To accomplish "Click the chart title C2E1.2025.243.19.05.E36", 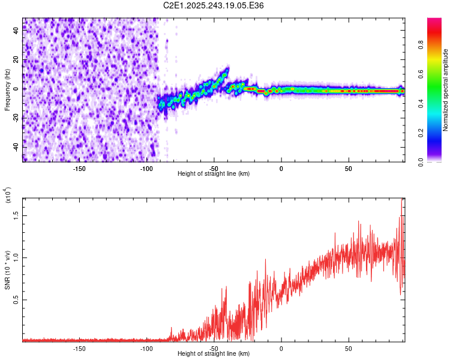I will coord(214,5).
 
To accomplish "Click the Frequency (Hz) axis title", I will coord(7,89).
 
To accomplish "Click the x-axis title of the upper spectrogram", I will coord(214,173).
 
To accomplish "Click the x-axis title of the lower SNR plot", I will coord(214,353).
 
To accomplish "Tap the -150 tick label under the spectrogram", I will coord(79,167).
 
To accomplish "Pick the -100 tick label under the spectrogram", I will coord(146,167).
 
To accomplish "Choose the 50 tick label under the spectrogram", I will coord(348,167).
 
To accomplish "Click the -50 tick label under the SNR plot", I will coord(214,347).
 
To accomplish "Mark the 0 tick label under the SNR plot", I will coord(281,347).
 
